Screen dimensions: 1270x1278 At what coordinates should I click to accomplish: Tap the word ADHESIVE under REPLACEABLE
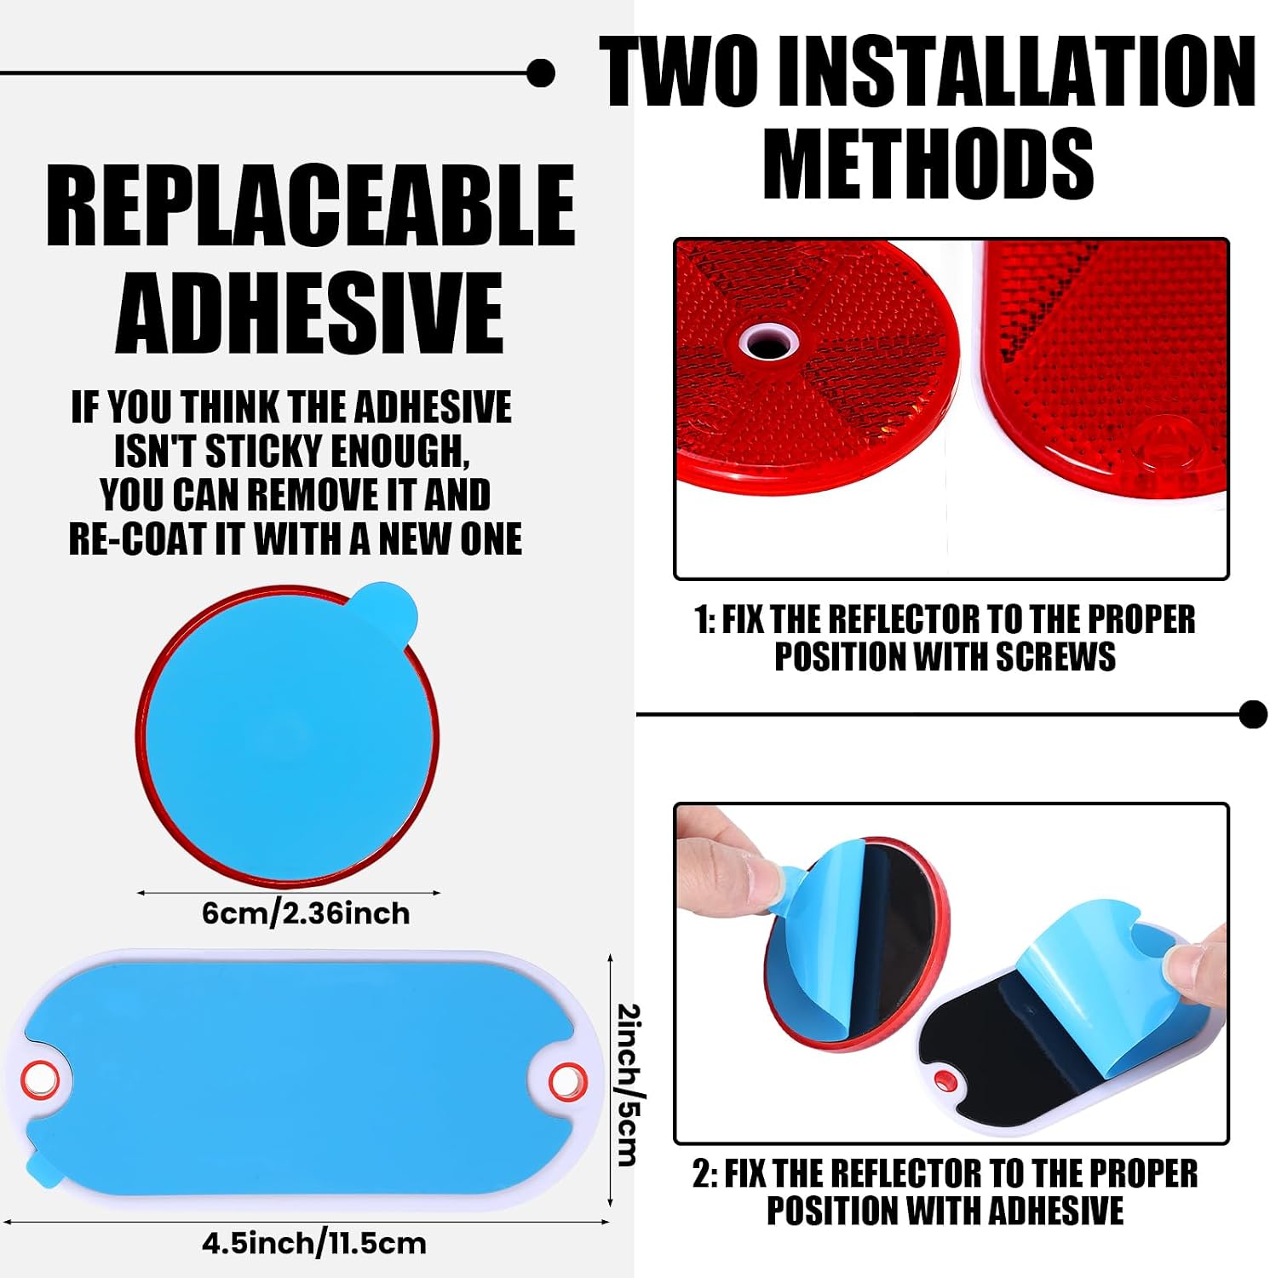tap(309, 312)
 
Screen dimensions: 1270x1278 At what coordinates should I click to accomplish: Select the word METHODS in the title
tap(928, 163)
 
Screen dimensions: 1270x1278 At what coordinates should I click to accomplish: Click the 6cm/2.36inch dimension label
tap(306, 913)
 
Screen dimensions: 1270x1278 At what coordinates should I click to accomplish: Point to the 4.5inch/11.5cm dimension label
tap(314, 1243)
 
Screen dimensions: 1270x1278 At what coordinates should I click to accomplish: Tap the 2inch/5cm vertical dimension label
tap(628, 1084)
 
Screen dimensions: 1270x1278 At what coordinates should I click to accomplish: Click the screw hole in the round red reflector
tap(769, 343)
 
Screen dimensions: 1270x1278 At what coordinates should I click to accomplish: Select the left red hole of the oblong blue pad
tap(39, 1079)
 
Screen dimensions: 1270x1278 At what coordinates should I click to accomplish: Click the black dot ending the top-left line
tap(541, 73)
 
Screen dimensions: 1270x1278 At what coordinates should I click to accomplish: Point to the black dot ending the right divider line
tap(1253, 714)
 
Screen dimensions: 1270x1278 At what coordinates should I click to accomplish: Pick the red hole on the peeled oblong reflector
tap(944, 1081)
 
